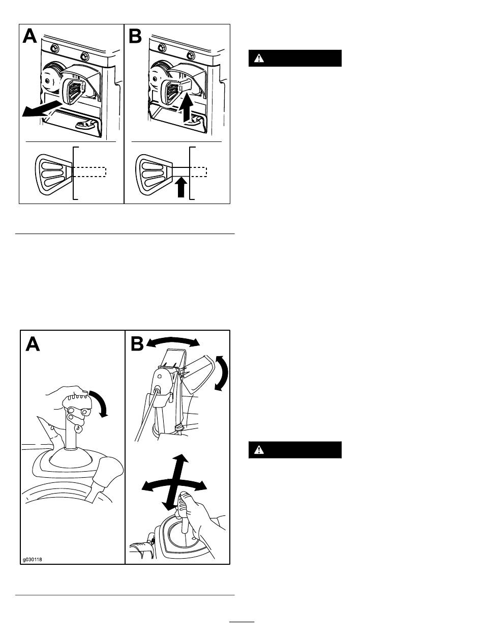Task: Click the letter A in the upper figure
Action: (x=30, y=36)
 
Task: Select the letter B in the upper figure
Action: (x=135, y=36)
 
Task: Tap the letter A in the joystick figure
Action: (x=33, y=344)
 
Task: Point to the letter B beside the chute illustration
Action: (x=137, y=344)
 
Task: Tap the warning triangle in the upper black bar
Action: (x=259, y=59)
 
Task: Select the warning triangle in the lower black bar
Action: (x=259, y=450)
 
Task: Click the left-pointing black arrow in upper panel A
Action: (x=42, y=108)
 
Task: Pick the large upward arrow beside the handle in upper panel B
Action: (x=186, y=106)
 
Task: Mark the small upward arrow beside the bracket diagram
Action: (x=181, y=187)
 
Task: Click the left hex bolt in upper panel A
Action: (x=54, y=48)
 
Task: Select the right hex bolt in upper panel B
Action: (x=191, y=55)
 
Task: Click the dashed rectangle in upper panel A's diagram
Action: (x=89, y=172)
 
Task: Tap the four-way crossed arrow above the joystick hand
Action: (x=174, y=482)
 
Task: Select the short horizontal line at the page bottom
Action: (x=242, y=621)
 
